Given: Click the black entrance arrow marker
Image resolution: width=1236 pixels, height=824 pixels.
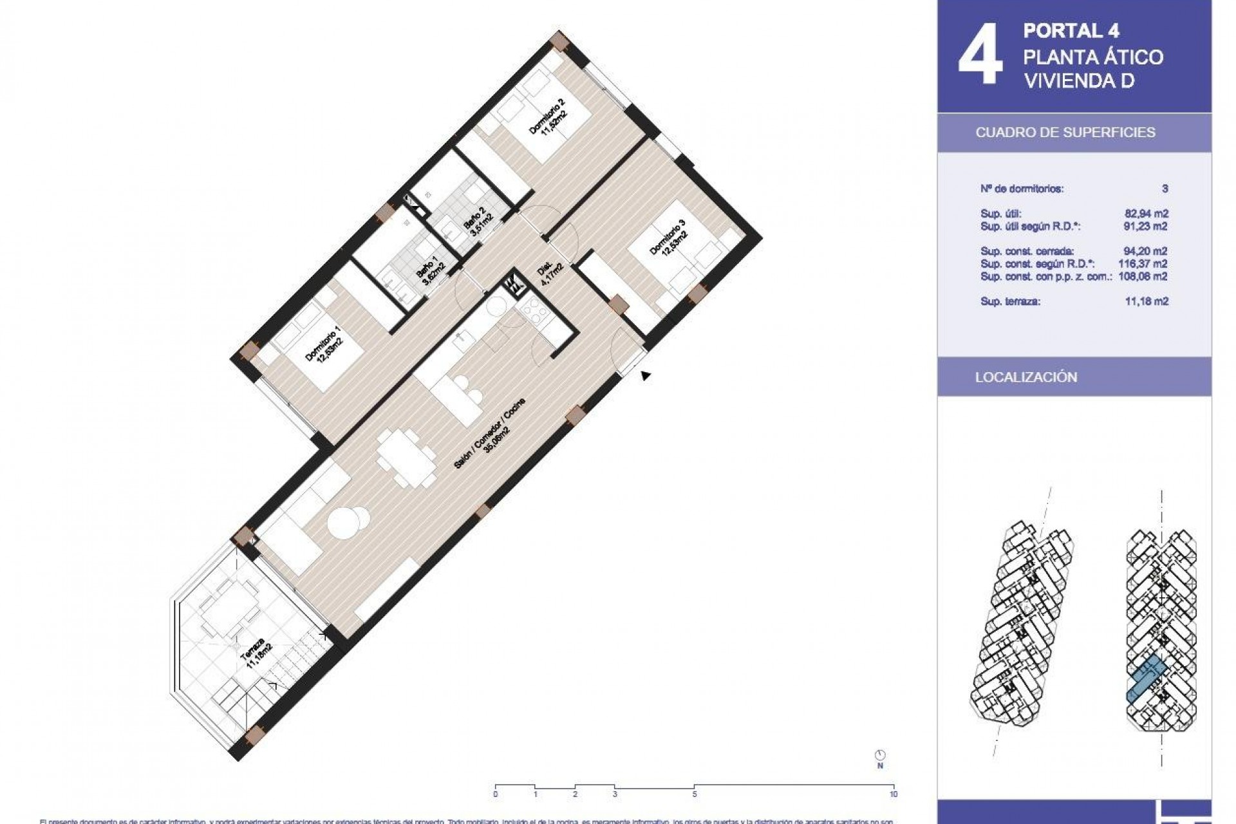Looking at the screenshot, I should tap(645, 376).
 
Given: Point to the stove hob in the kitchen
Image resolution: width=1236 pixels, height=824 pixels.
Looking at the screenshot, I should tap(536, 315).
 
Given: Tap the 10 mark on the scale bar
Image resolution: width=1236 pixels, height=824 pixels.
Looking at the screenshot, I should tap(893, 794).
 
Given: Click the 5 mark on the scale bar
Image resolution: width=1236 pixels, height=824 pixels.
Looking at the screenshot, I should tap(694, 794).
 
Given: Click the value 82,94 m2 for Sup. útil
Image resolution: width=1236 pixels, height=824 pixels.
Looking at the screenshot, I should tap(1146, 214).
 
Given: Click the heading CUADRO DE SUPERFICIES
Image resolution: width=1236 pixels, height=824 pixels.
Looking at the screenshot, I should tap(1065, 133).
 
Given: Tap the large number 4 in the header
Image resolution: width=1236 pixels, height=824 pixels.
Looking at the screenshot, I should tap(980, 55).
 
